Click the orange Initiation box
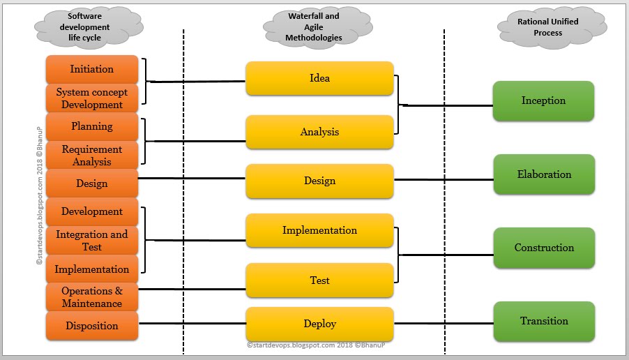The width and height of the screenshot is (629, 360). (x=91, y=70)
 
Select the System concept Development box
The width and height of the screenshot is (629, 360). (x=91, y=98)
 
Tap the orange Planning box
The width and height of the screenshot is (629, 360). (x=91, y=127)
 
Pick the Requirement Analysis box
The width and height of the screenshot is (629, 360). (x=91, y=156)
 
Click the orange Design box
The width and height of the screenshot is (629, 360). (x=91, y=183)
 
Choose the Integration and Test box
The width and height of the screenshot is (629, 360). (x=91, y=241)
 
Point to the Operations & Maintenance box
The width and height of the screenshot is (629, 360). (x=91, y=297)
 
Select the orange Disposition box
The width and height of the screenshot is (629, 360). (x=91, y=326)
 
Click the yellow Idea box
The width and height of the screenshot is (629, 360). (x=319, y=78)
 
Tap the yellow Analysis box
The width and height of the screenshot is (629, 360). (x=319, y=132)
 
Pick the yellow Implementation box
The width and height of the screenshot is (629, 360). (x=319, y=230)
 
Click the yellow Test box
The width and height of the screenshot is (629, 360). (x=319, y=280)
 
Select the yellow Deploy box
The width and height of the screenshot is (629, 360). (x=319, y=324)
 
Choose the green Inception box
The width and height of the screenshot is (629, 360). (x=543, y=101)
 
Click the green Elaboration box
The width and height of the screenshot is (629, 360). (x=544, y=174)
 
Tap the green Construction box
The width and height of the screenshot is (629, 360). (x=544, y=248)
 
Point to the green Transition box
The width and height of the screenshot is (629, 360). (x=544, y=322)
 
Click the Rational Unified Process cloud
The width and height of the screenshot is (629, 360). (x=547, y=27)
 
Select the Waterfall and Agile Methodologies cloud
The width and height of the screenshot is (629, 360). (x=314, y=27)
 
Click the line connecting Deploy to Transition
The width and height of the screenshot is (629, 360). (x=444, y=324)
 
